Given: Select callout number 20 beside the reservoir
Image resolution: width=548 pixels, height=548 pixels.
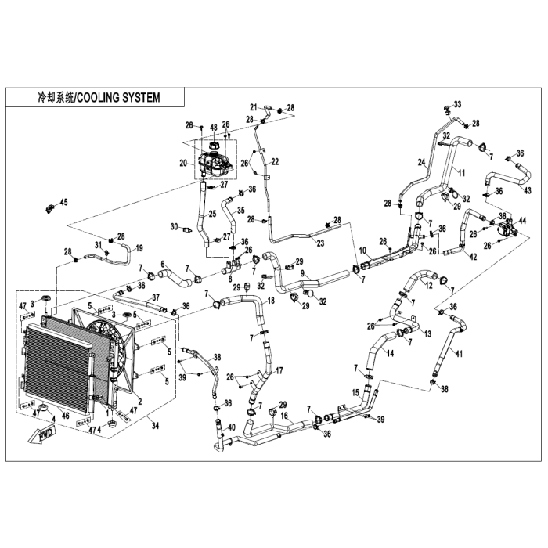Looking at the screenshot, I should tap(182, 164).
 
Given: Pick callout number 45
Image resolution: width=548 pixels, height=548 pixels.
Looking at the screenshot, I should tap(64, 203).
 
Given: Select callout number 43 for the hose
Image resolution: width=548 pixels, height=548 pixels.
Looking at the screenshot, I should tap(528, 190).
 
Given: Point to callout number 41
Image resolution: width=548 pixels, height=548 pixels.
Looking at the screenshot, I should tap(460, 354).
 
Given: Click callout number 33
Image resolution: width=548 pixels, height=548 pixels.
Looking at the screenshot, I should tap(458, 104).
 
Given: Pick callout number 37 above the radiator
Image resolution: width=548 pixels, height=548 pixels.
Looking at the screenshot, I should tap(156, 297).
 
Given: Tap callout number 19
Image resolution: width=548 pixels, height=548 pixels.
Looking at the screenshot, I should tap(139, 247).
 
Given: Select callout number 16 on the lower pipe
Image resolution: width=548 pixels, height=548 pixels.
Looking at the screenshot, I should tap(284, 416).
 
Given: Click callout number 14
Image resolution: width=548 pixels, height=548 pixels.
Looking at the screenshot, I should tap(391, 353).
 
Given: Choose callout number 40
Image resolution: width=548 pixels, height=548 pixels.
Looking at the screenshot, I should tap(231, 427).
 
